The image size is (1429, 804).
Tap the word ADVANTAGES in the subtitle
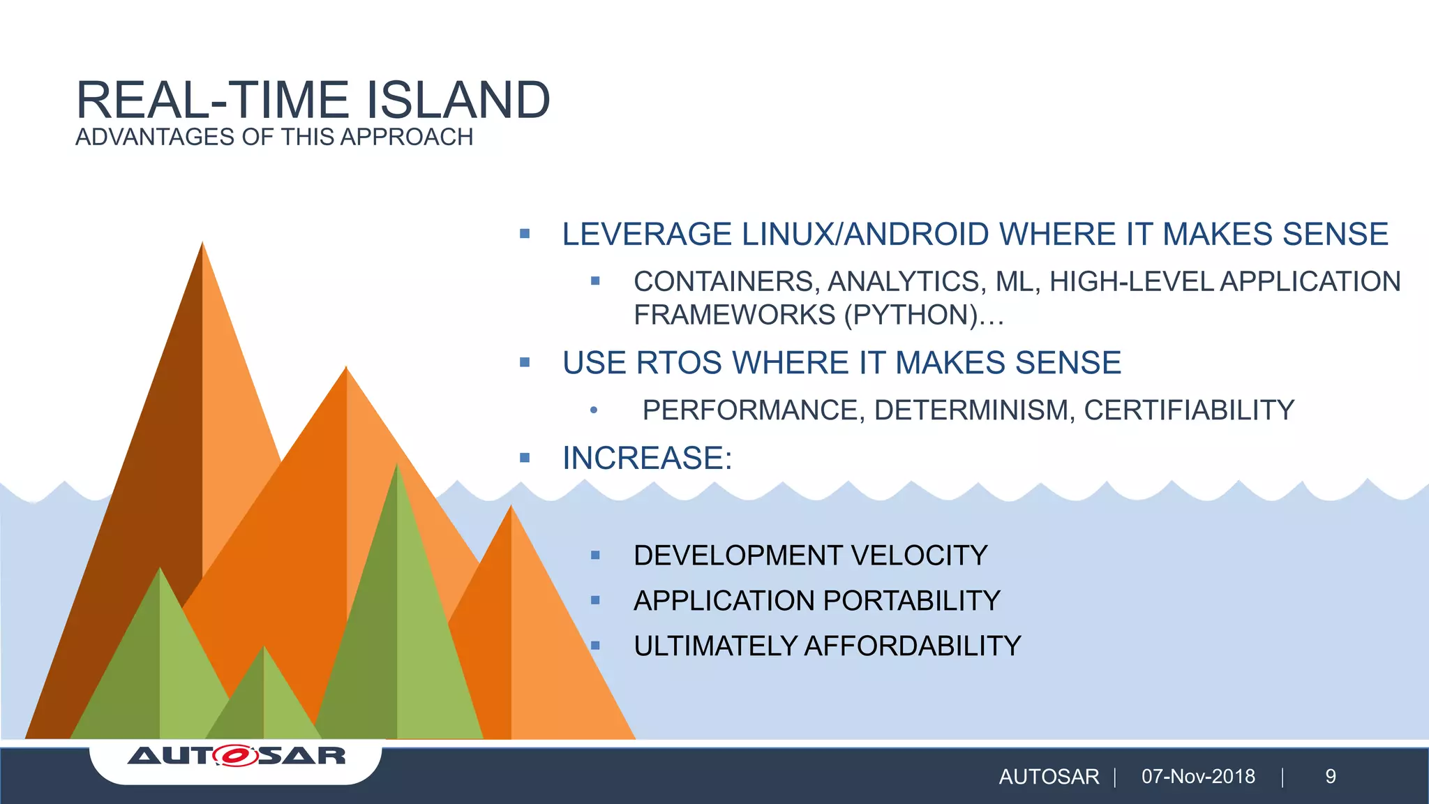(x=155, y=137)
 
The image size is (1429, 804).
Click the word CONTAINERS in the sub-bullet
(x=725, y=281)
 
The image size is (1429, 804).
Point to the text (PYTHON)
(x=910, y=315)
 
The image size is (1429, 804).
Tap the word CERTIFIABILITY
(x=1189, y=410)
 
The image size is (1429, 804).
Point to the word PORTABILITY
(x=912, y=601)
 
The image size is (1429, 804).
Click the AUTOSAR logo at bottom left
(x=237, y=756)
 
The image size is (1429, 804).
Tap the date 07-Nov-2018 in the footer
(x=1198, y=777)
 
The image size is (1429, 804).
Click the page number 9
(x=1331, y=777)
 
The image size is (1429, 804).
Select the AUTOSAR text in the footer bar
(x=1049, y=777)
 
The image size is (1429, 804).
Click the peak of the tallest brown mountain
(x=202, y=244)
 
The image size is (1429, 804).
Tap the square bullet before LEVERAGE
(x=525, y=234)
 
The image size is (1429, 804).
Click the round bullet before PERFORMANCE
(x=593, y=410)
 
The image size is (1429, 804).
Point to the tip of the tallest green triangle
(x=396, y=466)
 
